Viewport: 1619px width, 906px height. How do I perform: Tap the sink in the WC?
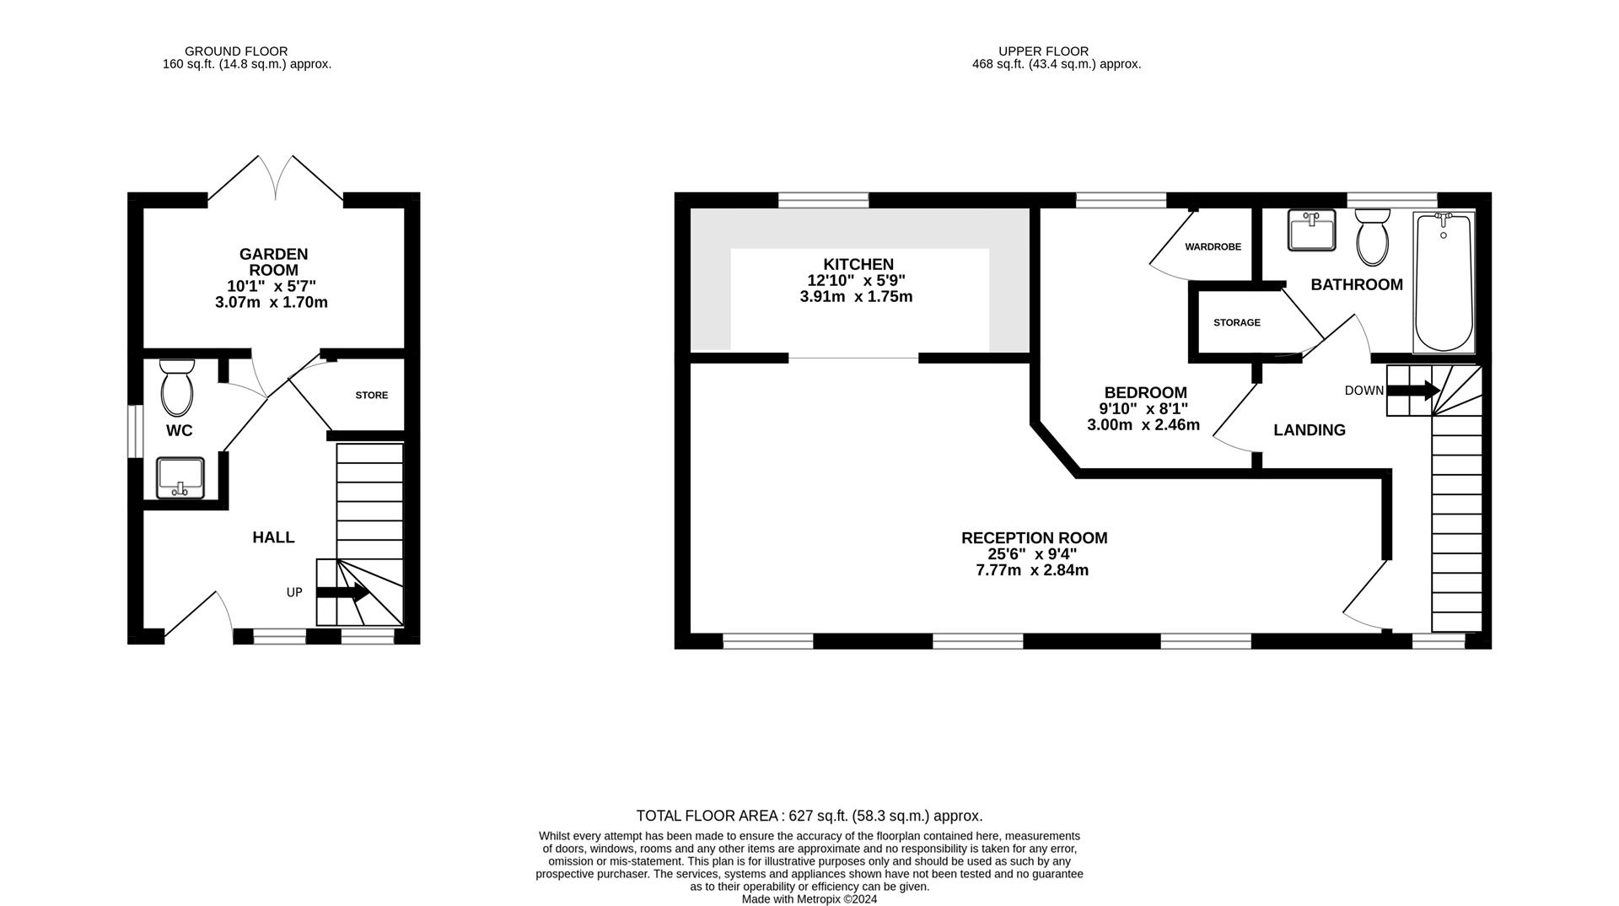(x=180, y=477)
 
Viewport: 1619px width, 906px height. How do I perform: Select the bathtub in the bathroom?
(x=1444, y=282)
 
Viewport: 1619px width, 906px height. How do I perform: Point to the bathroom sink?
(x=1311, y=229)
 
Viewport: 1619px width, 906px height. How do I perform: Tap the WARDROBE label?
(x=1213, y=247)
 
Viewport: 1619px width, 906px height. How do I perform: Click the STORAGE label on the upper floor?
(x=1236, y=322)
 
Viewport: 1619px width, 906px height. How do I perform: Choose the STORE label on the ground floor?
(x=371, y=395)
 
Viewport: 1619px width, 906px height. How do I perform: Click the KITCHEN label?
(x=858, y=264)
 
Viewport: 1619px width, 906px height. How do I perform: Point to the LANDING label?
(x=1309, y=430)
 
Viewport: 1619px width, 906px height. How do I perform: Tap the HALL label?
(x=273, y=537)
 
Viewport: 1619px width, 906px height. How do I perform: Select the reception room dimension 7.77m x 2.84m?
(x=1032, y=570)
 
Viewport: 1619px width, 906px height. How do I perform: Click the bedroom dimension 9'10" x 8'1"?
(x=1143, y=409)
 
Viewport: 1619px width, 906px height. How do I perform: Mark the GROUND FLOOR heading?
(x=236, y=51)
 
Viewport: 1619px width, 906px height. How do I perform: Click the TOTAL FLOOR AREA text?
(x=809, y=816)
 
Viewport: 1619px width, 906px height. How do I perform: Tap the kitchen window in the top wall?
(x=822, y=200)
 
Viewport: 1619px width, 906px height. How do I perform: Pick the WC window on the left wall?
(x=135, y=432)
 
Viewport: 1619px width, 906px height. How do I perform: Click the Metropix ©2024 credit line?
(x=809, y=899)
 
